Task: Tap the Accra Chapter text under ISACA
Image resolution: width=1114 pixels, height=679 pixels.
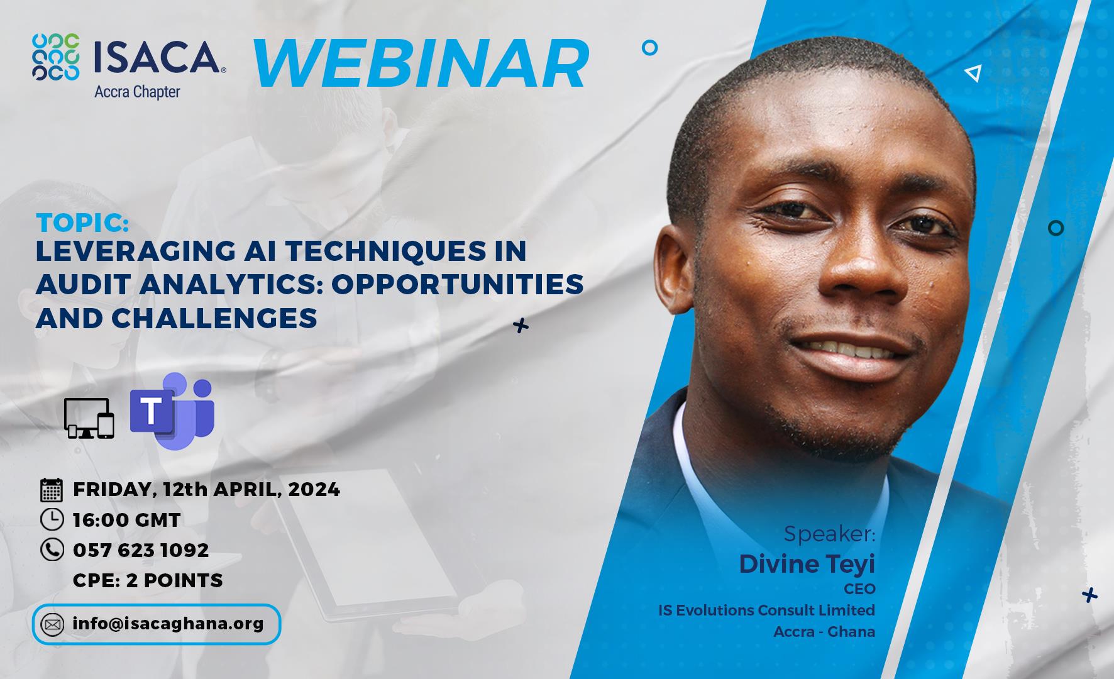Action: click(x=137, y=92)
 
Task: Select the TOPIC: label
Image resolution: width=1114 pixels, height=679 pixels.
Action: click(x=83, y=223)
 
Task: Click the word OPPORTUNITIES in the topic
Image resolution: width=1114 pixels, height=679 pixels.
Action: click(x=458, y=284)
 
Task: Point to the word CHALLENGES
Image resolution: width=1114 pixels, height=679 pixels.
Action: click(x=214, y=318)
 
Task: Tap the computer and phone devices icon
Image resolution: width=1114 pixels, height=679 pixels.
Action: click(x=89, y=418)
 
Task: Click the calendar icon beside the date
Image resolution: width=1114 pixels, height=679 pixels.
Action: click(x=52, y=490)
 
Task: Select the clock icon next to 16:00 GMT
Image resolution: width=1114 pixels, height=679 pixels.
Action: click(x=52, y=519)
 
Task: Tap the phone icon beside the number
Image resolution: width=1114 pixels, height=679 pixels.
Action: click(x=52, y=549)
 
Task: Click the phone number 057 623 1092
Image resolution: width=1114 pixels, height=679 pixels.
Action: click(x=141, y=550)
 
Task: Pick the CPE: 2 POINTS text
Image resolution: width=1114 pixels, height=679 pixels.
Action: click(x=148, y=580)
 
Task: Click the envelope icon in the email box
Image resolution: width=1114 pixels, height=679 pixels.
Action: click(x=52, y=625)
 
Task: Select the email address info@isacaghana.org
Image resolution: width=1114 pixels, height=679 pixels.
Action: click(x=168, y=624)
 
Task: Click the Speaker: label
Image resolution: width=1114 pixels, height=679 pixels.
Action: click(x=829, y=534)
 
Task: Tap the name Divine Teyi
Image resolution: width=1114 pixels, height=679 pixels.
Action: click(x=807, y=564)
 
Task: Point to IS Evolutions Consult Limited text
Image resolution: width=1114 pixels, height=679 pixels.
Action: click(x=767, y=610)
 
